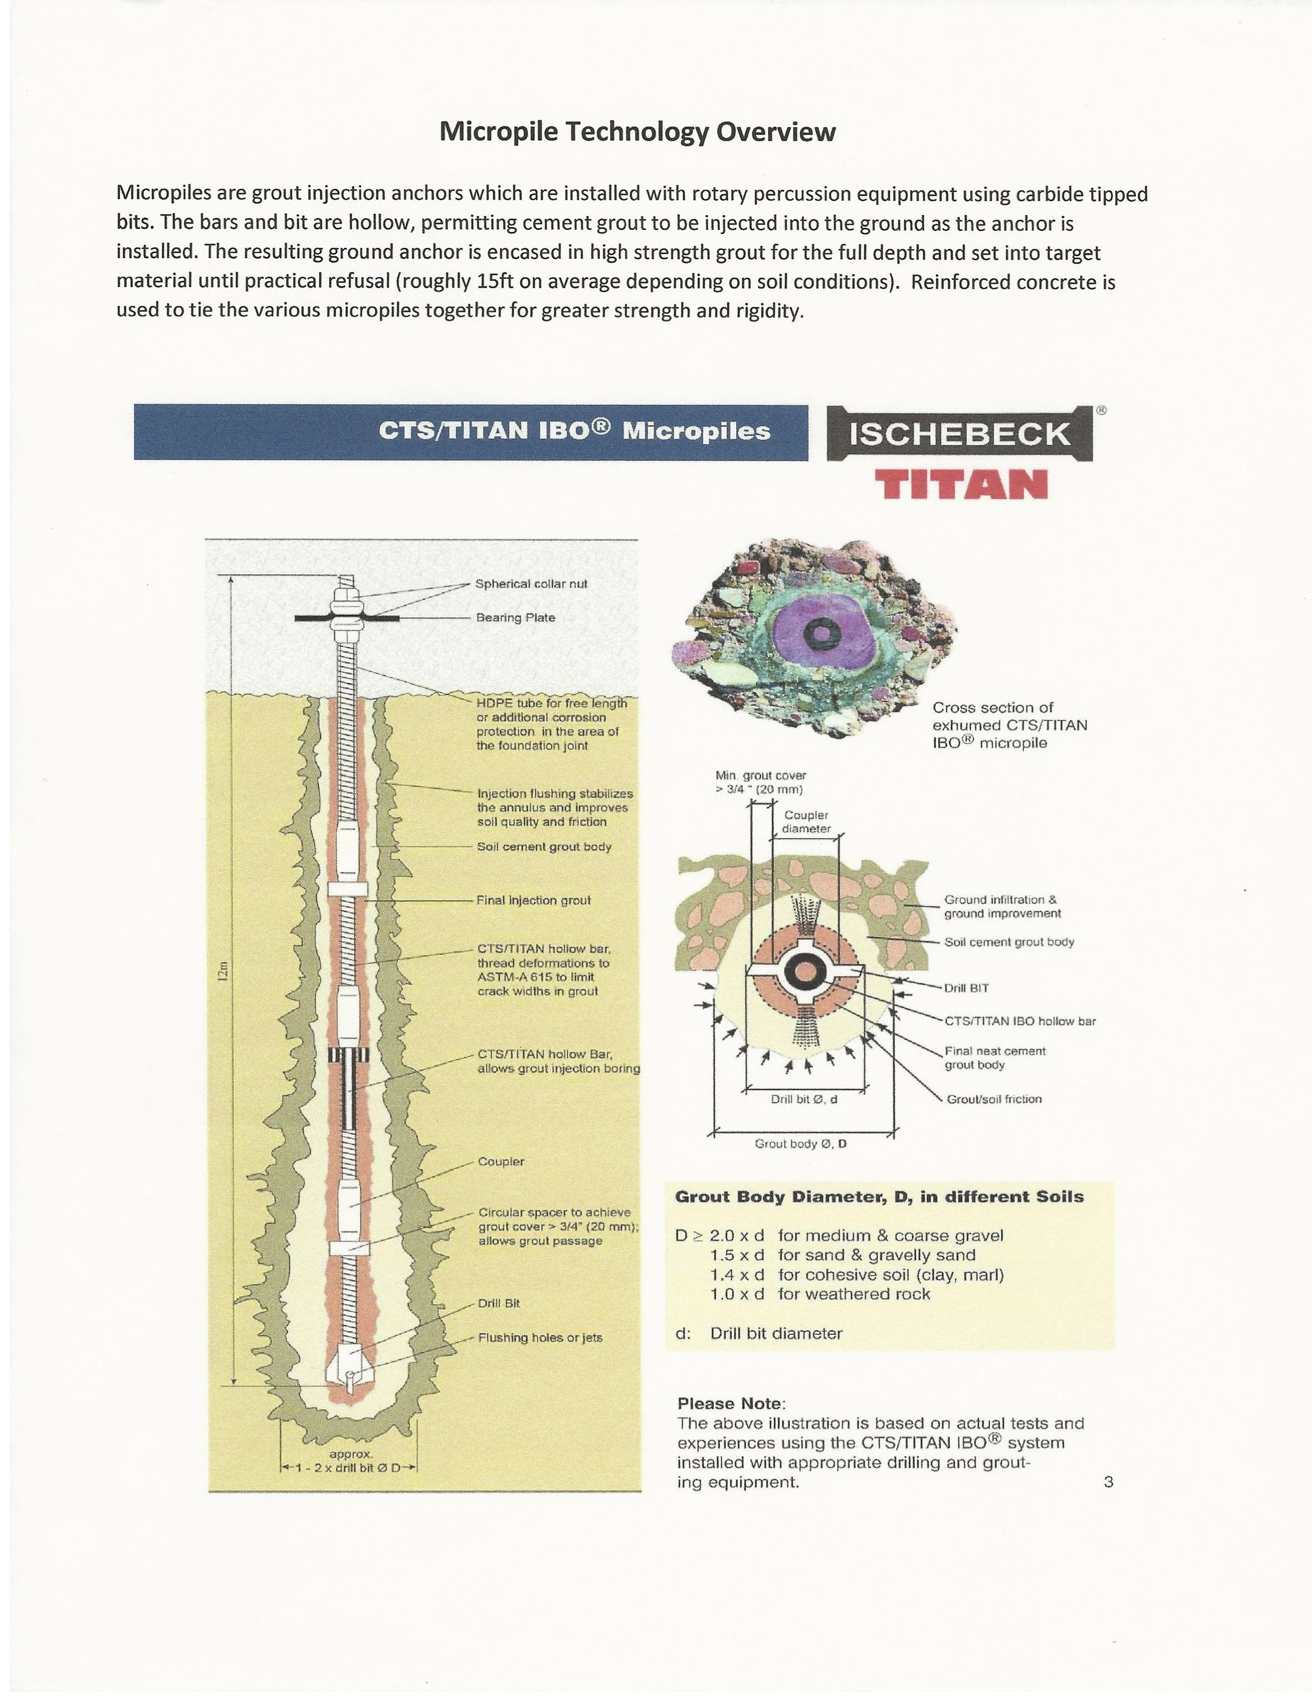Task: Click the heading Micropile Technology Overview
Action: tap(637, 132)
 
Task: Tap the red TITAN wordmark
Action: tap(961, 485)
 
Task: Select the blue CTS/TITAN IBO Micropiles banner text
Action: tap(574, 431)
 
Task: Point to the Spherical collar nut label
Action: tap(531, 584)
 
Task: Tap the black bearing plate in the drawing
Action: tap(347, 618)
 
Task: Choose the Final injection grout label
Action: tap(533, 900)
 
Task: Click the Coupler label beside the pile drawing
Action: tap(501, 1162)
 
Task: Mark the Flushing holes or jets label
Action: tap(539, 1337)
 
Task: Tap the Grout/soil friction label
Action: tap(993, 1099)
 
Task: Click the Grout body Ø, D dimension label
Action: tap(800, 1144)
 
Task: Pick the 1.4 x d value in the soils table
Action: tap(737, 1275)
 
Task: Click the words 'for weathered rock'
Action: tap(853, 1294)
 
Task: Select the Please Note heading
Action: tap(731, 1404)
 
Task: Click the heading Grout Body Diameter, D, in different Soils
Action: tap(879, 1197)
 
